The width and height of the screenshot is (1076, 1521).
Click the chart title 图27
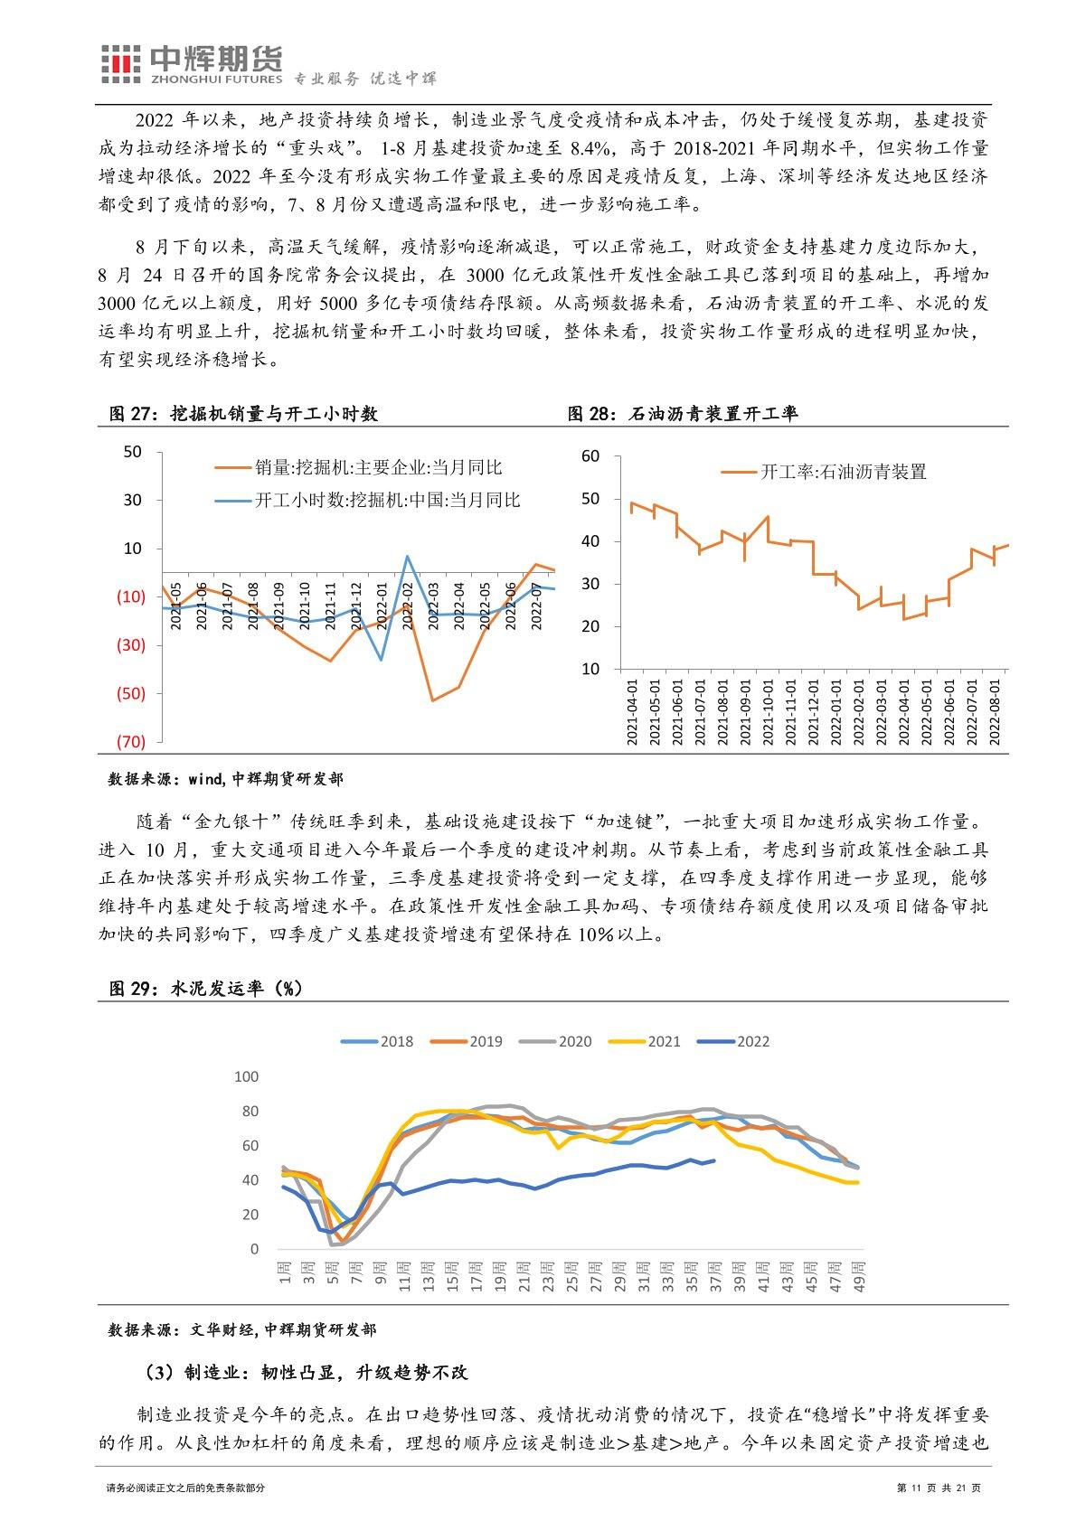pyautogui.click(x=241, y=414)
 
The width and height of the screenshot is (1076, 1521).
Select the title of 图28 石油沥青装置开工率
pyautogui.click(x=682, y=414)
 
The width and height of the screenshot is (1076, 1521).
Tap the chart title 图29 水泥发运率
pyautogui.click(x=205, y=989)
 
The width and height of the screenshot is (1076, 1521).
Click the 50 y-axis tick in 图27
pyautogui.click(x=133, y=452)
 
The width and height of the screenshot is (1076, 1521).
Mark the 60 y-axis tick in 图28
pyautogui.click(x=590, y=455)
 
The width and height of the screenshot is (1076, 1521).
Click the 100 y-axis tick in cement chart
pyautogui.click(x=246, y=1076)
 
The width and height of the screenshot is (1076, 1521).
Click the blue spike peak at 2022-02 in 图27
pyautogui.click(x=408, y=556)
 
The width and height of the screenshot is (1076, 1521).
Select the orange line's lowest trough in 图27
pyautogui.click(x=432, y=700)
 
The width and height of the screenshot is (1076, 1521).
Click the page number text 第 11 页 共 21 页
pyautogui.click(x=938, y=1488)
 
